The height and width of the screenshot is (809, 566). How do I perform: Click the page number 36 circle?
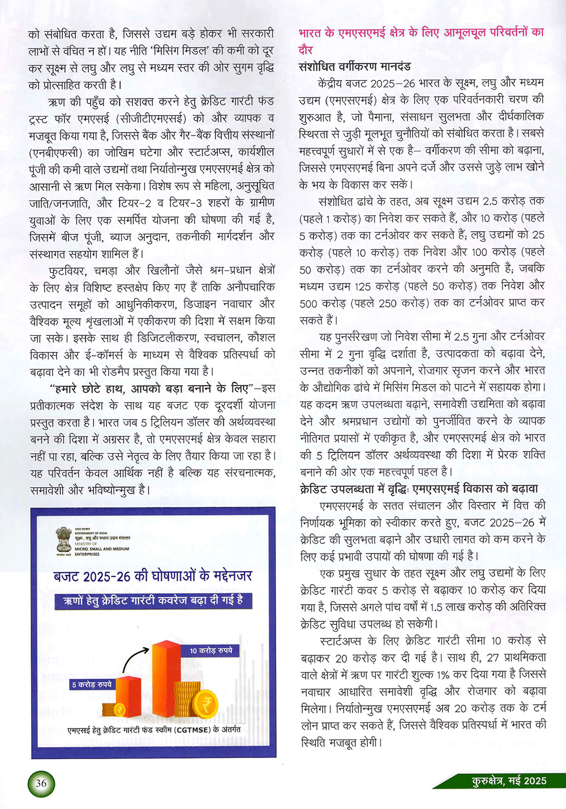41,784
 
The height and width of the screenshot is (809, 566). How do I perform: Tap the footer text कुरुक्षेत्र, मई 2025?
509,781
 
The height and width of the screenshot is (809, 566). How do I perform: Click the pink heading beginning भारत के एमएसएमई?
421,33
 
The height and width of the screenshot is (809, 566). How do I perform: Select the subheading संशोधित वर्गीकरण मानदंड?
354,66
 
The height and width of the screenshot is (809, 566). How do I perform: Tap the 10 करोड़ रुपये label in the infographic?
211,650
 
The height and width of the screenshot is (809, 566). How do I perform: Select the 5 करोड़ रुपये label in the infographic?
92,684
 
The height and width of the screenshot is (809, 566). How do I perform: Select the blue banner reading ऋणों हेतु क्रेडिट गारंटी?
153,601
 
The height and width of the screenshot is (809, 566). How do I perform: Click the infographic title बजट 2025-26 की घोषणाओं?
153,576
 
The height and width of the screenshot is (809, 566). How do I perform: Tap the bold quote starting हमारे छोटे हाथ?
149,389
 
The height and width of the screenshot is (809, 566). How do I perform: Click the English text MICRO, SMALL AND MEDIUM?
102,549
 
